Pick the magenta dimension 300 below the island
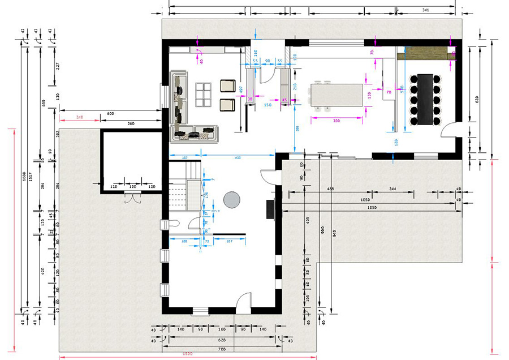[336, 121]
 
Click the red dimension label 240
[79, 117]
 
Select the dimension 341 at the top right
[425, 11]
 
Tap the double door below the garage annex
[133, 198]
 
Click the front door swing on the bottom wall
[243, 301]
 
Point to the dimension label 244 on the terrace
[407, 188]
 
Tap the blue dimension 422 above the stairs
[238, 157]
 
